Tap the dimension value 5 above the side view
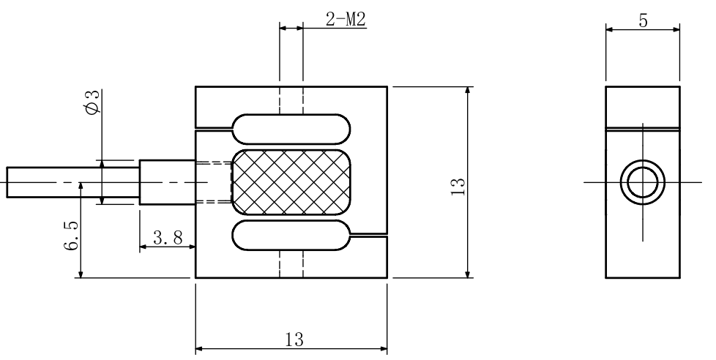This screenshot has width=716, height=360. [x=643, y=20]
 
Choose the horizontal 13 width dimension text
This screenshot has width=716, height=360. [x=291, y=340]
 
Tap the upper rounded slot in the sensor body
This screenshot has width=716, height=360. [x=291, y=128]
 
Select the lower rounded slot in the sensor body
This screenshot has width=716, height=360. [x=291, y=236]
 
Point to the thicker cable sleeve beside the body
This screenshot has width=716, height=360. [x=166, y=182]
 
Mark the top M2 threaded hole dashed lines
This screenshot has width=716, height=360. [x=291, y=101]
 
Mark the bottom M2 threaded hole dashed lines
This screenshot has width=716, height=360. [x=291, y=263]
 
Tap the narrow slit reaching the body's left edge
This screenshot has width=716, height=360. [x=214, y=130]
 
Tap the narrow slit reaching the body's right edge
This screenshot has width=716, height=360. [x=368, y=235]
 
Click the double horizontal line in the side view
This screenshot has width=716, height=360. [x=642, y=130]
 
